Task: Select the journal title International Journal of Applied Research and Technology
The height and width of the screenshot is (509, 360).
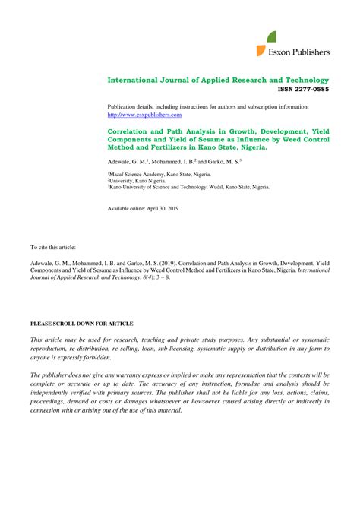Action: coord(218,80)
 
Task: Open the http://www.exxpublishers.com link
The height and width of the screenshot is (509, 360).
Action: coord(144,115)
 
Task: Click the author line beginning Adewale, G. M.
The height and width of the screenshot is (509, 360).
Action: coord(174,162)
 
